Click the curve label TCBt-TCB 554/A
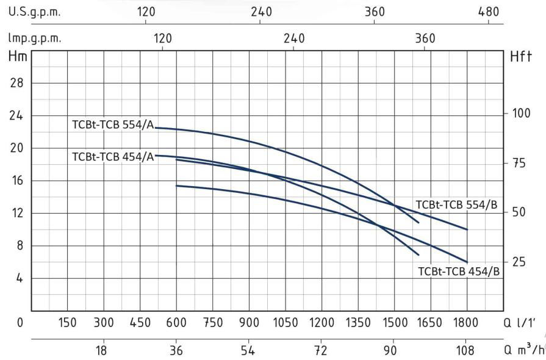pyautogui.click(x=112, y=124)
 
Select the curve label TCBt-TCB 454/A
pyautogui.click(x=112, y=156)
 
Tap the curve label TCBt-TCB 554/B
pyautogui.click(x=457, y=204)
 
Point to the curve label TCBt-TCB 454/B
pyautogui.click(x=459, y=271)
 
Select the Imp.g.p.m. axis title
pyautogui.click(x=35, y=38)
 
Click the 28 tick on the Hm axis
pyautogui.click(x=18, y=84)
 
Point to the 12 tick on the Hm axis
pyautogui.click(x=18, y=214)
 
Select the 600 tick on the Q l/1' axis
pyautogui.click(x=176, y=322)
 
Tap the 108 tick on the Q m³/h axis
pyautogui.click(x=466, y=350)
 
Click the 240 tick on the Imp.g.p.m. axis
pyautogui.click(x=294, y=38)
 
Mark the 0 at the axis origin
pyautogui.click(x=20, y=322)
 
